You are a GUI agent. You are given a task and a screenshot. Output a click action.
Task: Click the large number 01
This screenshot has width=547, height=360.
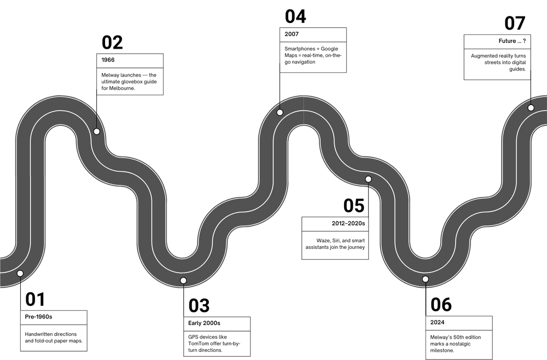point(35,299)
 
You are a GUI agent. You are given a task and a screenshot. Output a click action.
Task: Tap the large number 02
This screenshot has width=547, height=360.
point(112,43)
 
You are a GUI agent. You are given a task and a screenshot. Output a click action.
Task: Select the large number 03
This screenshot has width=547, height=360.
point(199,305)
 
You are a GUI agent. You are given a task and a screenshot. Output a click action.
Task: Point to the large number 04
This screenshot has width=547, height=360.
point(295,16)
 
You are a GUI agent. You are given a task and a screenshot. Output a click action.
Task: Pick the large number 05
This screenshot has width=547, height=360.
point(354,205)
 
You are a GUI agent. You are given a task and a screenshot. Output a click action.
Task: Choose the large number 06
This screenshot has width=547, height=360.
point(441,305)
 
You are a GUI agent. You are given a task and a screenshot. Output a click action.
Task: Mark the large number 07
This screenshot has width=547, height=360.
point(515,23)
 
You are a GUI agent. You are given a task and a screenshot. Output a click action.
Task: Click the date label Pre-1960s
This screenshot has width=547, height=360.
point(39,317)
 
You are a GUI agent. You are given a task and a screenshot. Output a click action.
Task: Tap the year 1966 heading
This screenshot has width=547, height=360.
point(108,60)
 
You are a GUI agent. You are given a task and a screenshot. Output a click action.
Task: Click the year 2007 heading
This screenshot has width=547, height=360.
point(292,34)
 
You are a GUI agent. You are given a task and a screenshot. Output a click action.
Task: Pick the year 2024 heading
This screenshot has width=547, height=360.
point(438,323)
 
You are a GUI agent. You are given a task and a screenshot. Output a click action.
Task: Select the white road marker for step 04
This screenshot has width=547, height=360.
point(280,112)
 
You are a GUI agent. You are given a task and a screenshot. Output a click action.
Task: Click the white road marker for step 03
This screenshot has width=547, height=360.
point(183,281)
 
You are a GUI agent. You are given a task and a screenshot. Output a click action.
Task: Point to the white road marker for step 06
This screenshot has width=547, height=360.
point(426,280)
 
